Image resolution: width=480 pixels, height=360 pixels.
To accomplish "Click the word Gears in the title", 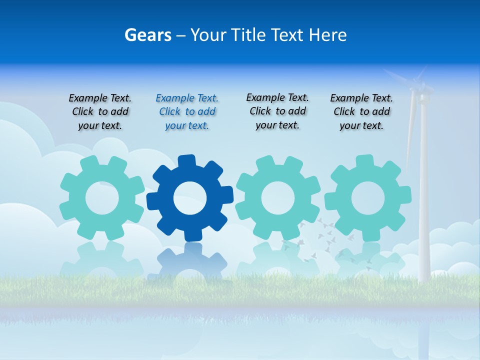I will point(147,35).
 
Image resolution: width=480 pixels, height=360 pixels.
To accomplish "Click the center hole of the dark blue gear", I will point(190,198).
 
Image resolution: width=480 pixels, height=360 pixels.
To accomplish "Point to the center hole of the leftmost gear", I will point(102,198).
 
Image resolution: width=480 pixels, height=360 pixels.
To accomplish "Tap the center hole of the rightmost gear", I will point(368,198).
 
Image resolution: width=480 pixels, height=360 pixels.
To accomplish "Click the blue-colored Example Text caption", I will point(187,112).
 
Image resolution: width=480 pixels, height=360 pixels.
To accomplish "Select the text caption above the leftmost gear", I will point(100,112).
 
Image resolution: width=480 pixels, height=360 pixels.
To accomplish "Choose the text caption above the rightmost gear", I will point(361,112).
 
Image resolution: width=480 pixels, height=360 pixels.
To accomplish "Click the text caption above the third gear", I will point(277,111).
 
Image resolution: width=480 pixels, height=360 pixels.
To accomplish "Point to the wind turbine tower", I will point(423,200).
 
